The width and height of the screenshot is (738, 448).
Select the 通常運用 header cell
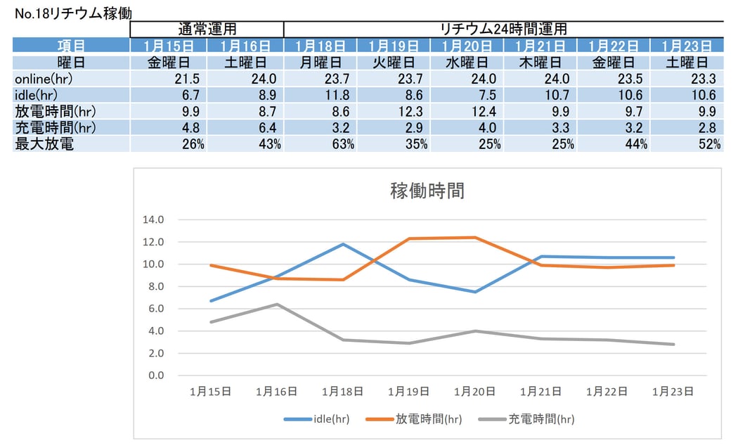[x=207, y=29]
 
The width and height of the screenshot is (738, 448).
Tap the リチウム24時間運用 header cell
[x=503, y=29]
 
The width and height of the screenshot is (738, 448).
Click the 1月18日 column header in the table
[x=320, y=46]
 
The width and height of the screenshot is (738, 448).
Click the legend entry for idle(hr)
[x=317, y=419]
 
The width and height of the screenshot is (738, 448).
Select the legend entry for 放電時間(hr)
[x=415, y=419]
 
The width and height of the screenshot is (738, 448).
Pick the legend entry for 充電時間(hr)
[x=526, y=419]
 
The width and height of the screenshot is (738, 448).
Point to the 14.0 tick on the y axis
[x=153, y=219]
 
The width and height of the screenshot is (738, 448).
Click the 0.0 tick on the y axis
[x=155, y=376]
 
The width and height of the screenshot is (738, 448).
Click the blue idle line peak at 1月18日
[x=343, y=244]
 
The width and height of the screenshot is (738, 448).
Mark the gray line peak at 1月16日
[x=277, y=305]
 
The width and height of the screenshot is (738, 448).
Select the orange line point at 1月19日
[x=409, y=238]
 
